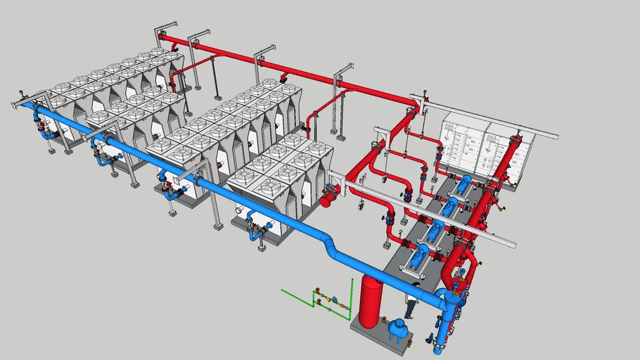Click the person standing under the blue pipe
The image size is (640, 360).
pyautogui.click(x=411, y=304)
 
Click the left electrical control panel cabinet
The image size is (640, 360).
pyautogui.click(x=459, y=144)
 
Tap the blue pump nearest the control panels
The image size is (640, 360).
pyautogui.click(x=463, y=184)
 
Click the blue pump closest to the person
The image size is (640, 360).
pyautogui.click(x=420, y=255)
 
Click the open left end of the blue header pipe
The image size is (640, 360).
pyautogui.click(x=27, y=105)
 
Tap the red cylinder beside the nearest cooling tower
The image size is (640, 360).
pyautogui.click(x=326, y=199)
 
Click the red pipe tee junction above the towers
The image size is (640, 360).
pyautogui.click(x=285, y=75)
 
